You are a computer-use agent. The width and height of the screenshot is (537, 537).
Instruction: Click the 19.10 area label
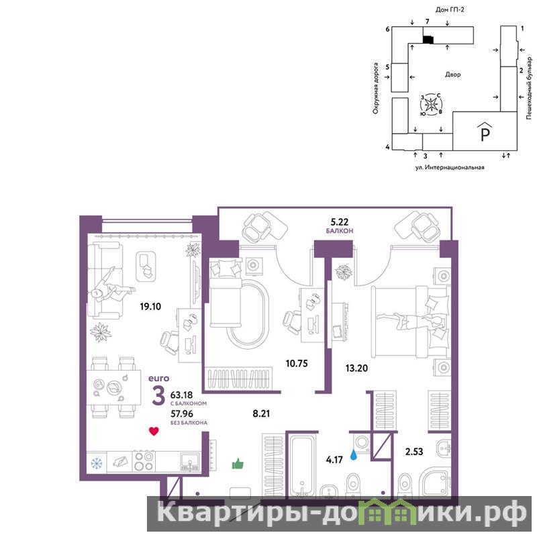click(150, 306)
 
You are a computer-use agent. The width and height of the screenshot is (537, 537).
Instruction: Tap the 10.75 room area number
click(297, 363)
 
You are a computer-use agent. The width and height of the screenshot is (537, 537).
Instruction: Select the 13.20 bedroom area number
click(356, 368)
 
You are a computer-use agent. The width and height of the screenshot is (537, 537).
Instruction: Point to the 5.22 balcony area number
click(340, 222)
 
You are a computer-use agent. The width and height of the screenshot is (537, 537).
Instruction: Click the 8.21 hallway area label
click(261, 413)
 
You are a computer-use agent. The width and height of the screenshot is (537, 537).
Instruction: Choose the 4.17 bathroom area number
click(334, 460)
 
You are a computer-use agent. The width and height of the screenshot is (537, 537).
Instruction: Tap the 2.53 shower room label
click(414, 451)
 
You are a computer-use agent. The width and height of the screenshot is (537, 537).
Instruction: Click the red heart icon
click(154, 431)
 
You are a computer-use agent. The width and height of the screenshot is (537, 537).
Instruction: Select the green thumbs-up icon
click(238, 464)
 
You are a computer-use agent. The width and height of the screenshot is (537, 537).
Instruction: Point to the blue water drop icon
click(354, 455)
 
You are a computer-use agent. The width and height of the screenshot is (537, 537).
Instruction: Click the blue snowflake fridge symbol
click(97, 464)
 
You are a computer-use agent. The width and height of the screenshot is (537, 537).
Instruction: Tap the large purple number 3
click(158, 395)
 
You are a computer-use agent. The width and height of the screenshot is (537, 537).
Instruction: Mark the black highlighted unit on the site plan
click(428, 40)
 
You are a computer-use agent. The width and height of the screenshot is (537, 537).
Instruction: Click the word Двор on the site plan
click(452, 75)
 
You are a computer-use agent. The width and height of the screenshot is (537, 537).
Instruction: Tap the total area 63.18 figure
click(181, 395)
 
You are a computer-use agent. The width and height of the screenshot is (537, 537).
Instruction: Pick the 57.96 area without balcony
click(181, 413)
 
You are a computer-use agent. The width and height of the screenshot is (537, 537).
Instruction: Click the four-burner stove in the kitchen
click(144, 461)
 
